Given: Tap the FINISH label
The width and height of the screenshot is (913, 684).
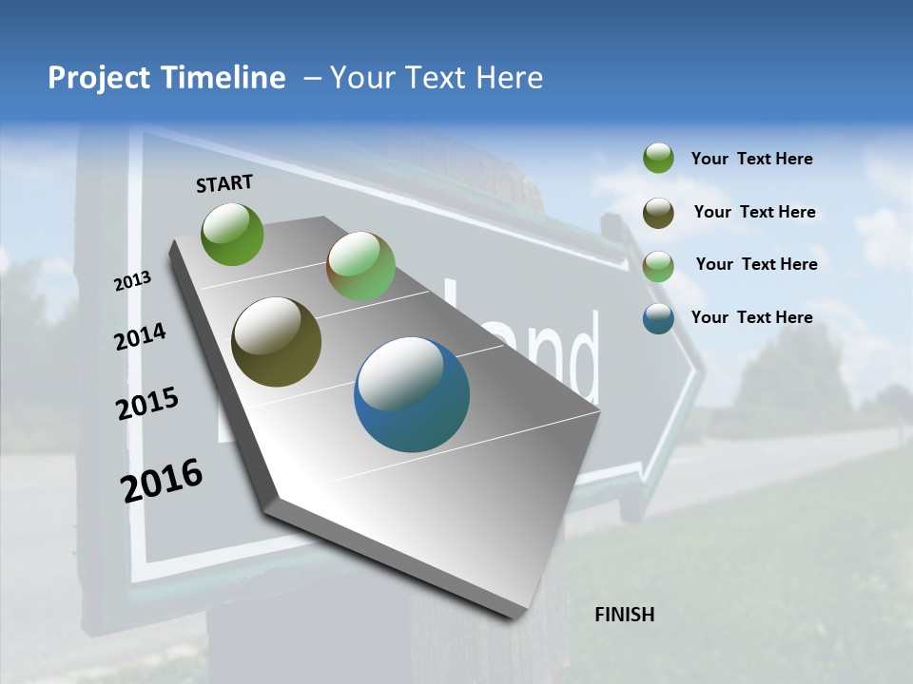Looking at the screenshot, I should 624,615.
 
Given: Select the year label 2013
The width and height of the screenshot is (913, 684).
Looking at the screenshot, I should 132,280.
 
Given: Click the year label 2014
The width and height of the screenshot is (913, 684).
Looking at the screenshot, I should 141,337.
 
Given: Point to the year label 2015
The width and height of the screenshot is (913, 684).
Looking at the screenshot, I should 147,403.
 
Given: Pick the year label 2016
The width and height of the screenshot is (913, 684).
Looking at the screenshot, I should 162,480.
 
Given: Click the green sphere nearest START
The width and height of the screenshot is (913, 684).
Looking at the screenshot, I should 232,234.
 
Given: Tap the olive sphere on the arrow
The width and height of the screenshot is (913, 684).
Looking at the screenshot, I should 276,342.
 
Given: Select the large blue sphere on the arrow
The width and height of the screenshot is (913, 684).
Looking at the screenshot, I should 412,394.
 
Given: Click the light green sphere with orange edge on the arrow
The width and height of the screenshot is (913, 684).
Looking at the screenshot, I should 361,266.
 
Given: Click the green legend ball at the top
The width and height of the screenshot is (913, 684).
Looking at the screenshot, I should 658,158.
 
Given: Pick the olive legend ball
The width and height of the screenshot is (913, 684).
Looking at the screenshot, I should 658,213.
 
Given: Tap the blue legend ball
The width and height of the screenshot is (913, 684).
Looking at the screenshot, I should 658,318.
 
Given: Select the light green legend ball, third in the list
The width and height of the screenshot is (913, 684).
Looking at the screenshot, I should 658,265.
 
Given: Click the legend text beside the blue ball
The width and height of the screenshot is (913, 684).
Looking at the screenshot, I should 751,317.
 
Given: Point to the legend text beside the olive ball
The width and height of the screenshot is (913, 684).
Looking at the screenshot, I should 754,212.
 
